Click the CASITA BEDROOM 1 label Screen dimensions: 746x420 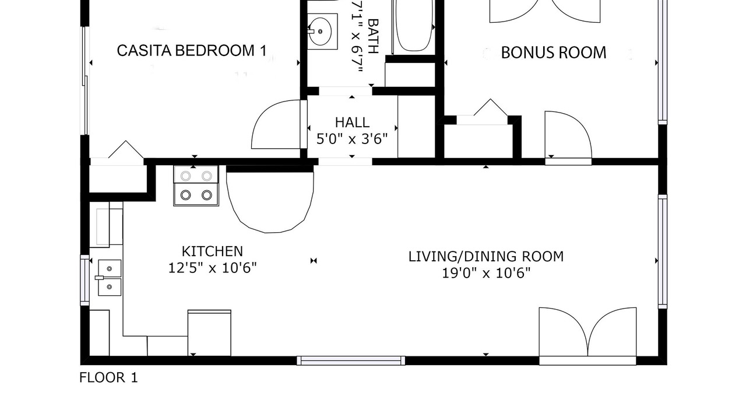coord(192,51)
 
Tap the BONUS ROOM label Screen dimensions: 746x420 coord(554,52)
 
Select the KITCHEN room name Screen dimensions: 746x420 coord(213,251)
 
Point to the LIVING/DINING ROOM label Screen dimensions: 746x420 coord(486,256)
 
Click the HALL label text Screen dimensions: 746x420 coord(352,123)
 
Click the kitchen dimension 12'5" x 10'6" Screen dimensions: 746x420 coord(213,268)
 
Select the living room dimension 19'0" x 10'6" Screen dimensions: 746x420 coord(486,274)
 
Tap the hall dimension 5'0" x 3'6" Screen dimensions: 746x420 coord(352,139)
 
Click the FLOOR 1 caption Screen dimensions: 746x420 coord(108,377)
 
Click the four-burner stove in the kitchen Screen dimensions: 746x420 coord(196,185)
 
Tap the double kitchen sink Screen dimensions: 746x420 coord(109,278)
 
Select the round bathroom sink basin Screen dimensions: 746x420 coord(320,32)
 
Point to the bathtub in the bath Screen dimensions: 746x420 coord(414,27)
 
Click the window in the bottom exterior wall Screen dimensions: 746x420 coord(351,360)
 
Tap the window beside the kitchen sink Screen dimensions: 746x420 coord(85,280)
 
